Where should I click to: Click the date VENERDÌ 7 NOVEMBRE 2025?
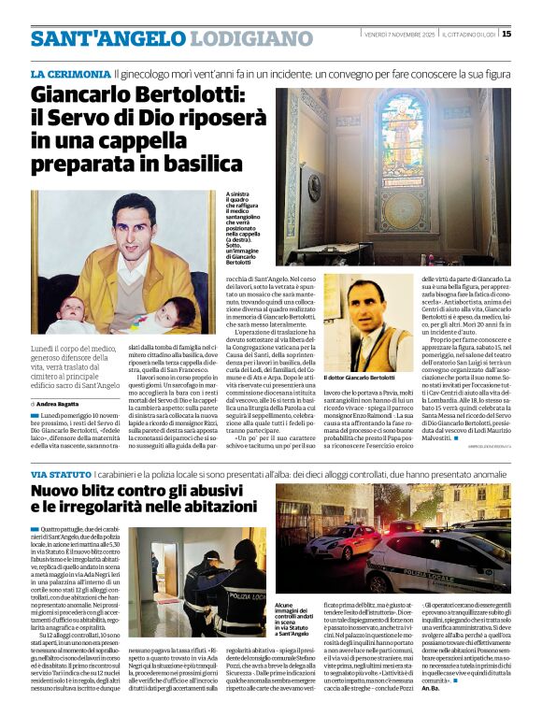pyautogui.click(x=399, y=34)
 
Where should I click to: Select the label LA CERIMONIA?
pyautogui.click(x=70, y=73)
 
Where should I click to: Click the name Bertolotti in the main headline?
pyautogui.click(x=191, y=96)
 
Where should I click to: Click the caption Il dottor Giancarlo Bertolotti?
pyautogui.click(x=362, y=377)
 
